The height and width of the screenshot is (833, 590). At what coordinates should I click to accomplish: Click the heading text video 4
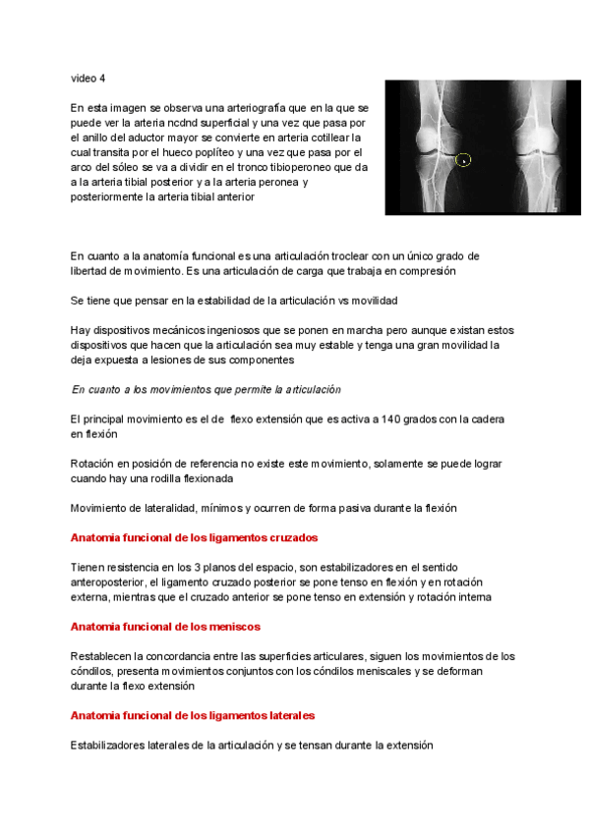coord(88,78)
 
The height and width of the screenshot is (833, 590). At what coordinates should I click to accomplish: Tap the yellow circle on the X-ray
coord(464,159)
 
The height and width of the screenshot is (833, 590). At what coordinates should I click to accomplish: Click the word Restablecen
coord(103,656)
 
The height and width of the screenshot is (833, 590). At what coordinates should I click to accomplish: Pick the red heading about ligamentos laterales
coord(192,715)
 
